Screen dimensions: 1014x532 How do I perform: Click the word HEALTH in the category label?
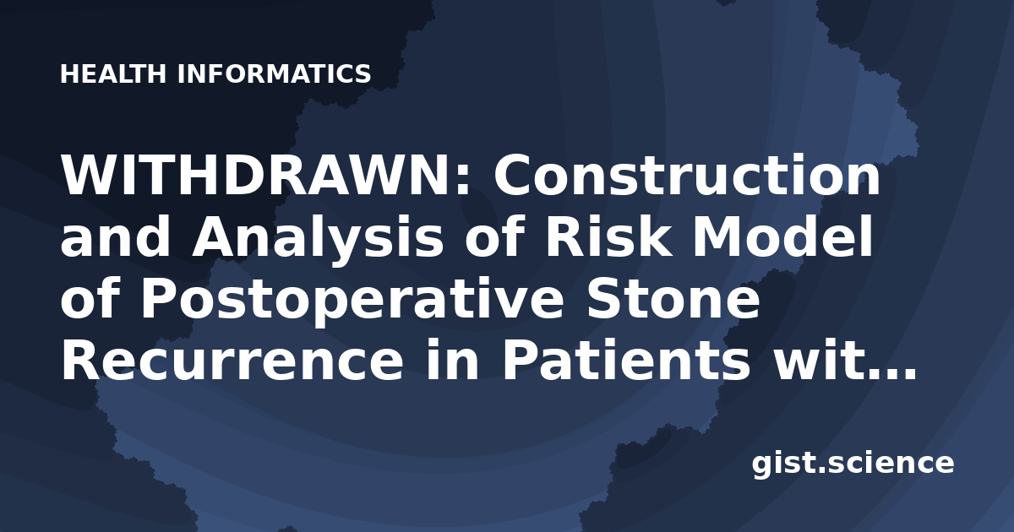pos(113,74)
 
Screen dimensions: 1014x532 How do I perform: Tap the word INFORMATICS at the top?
pos(275,74)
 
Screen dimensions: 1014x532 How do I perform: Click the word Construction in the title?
pos(687,174)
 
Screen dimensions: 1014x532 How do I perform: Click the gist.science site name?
pos(853,464)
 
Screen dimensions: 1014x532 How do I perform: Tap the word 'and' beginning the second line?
pos(115,236)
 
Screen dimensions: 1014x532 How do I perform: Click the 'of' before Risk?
pos(494,236)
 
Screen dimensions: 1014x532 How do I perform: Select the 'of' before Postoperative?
pos(90,299)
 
